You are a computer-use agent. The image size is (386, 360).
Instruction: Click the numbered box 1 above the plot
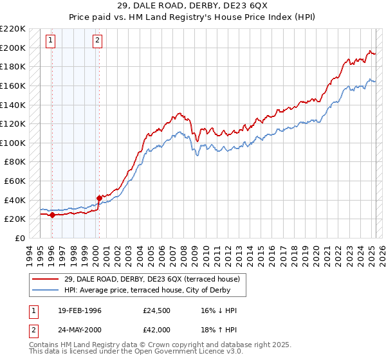(x=51, y=40)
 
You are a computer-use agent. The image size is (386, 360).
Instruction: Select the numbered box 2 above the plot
(x=97, y=40)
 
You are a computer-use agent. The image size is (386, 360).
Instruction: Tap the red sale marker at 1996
(x=51, y=215)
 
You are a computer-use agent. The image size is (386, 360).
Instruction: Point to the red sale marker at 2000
(x=99, y=198)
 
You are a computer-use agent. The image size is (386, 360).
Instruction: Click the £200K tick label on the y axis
(x=13, y=48)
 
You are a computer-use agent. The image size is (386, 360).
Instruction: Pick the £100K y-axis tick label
(x=13, y=143)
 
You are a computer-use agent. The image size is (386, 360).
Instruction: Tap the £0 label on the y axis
(x=20, y=238)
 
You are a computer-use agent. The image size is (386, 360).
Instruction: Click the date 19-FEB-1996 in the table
(x=78, y=311)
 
